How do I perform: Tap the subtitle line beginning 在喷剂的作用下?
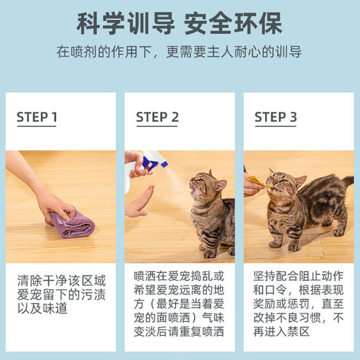[179, 53]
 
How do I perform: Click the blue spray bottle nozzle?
[154, 163]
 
